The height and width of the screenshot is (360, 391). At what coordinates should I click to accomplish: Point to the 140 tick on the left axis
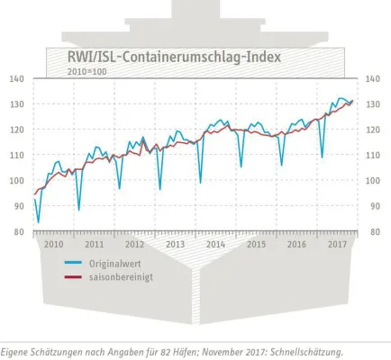coord(17,79)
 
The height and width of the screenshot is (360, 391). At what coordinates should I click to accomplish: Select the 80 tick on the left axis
coord(17,232)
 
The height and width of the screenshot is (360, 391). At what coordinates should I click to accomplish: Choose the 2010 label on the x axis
coord(53,244)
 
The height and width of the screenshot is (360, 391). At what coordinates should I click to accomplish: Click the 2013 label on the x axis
coord(175,244)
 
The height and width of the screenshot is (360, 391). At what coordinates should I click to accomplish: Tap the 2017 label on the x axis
coord(338,244)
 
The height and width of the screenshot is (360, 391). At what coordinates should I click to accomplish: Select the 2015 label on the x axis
coord(256,244)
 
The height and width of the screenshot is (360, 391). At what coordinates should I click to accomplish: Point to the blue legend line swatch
coord(74,263)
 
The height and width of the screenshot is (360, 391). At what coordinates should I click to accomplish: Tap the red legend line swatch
coord(74,276)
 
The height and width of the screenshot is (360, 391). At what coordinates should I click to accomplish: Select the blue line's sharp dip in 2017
coord(323,157)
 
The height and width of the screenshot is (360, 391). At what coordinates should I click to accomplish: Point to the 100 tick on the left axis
coord(17,181)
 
